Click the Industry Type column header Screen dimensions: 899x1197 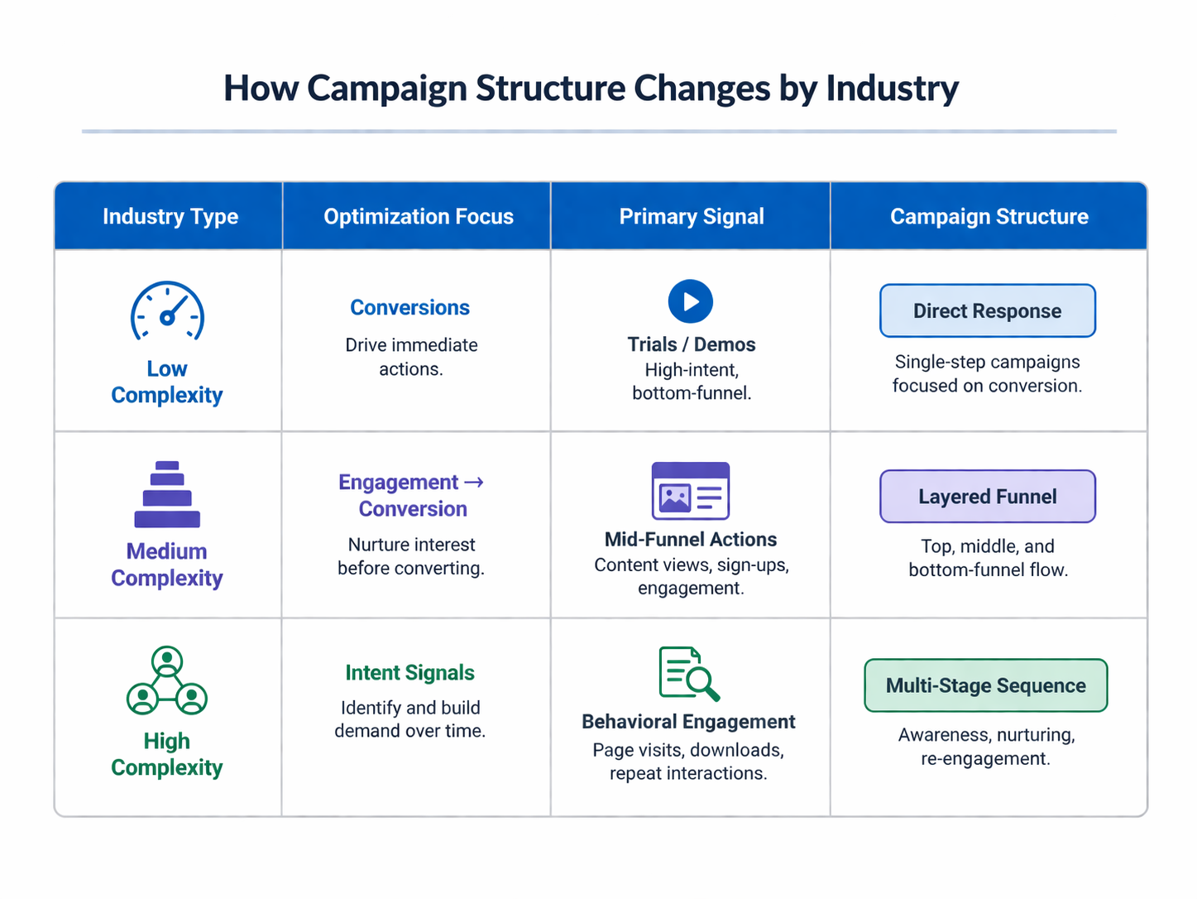coord(170,217)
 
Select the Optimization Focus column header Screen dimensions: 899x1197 coord(418,217)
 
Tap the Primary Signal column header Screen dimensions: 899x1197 coord(692,217)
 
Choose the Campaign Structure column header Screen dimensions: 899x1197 coord(989,217)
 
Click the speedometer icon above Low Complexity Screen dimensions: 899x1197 coord(167,313)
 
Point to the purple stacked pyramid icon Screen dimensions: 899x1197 coord(167,494)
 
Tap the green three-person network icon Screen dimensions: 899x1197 coord(167,680)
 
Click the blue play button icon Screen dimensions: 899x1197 coord(691,301)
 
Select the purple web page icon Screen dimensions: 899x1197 coord(691,491)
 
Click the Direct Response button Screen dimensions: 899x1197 coord(987,311)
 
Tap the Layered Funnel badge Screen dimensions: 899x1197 coord(987,497)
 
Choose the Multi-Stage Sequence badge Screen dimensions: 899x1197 coord(985,685)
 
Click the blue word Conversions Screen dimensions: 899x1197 coord(409,308)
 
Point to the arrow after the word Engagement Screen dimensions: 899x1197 coord(474,482)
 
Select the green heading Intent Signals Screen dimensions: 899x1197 coord(409,673)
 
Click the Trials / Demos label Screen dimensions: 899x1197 coord(691,344)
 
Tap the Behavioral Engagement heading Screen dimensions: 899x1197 coord(688,722)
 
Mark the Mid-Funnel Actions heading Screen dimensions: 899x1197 coord(691,540)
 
